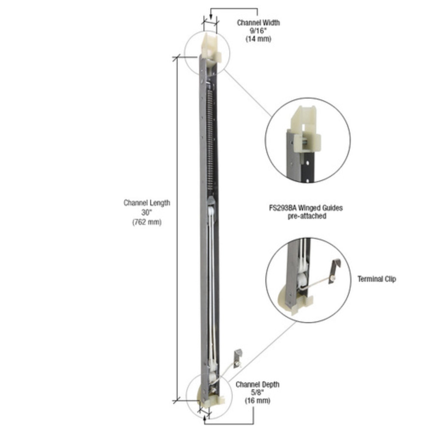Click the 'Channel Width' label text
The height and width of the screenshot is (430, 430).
tap(258, 23)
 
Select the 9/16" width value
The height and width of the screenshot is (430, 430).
tap(258, 31)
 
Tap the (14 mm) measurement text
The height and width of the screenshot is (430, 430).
tap(258, 39)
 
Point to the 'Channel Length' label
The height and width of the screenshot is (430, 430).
tap(147, 203)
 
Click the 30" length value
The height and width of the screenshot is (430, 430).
tap(147, 212)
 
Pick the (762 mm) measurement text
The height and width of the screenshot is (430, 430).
tap(147, 222)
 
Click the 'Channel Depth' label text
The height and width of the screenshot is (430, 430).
tap(257, 384)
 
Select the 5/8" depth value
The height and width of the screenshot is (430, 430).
tap(257, 393)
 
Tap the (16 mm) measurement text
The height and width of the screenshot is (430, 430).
tap(257, 401)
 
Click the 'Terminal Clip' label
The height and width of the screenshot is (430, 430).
tap(376, 279)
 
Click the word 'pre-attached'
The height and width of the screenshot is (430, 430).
tap(307, 216)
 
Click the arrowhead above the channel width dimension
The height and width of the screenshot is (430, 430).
tap(210, 18)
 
